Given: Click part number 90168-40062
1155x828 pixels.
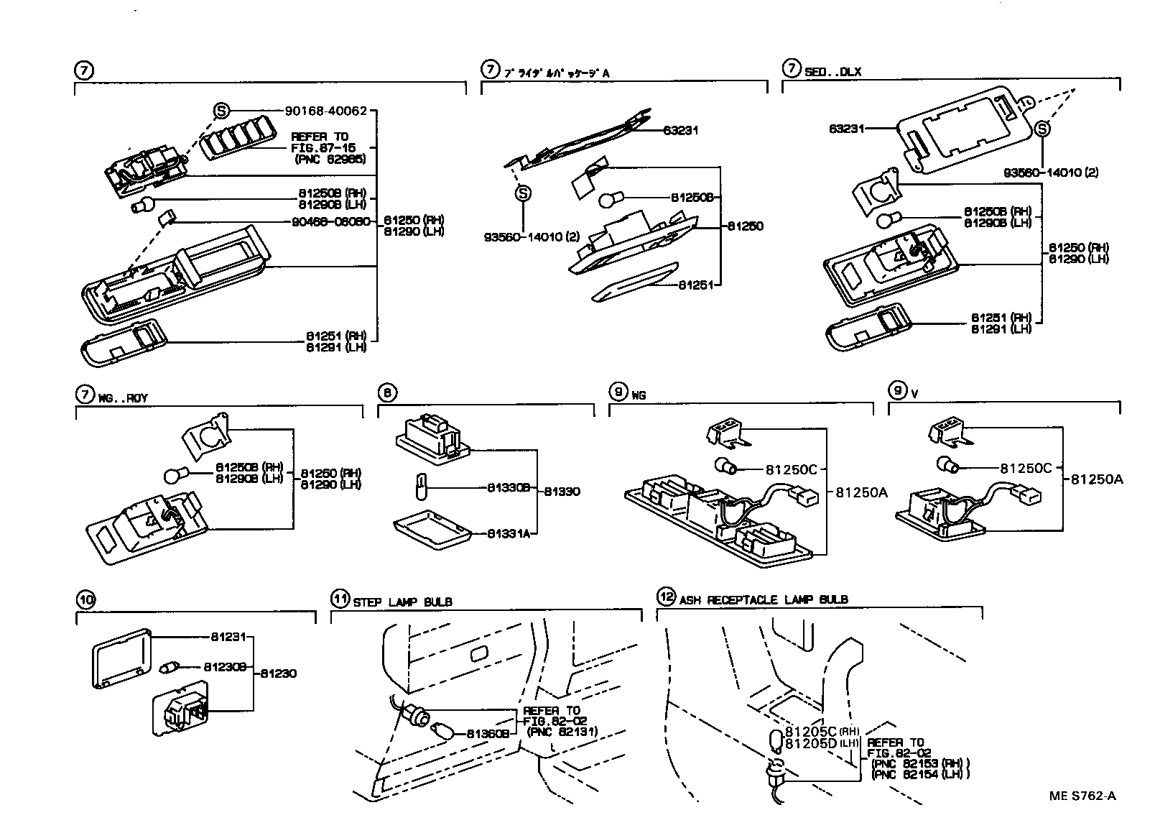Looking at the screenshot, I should [326, 111].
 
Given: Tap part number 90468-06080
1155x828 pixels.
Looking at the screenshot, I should [331, 221].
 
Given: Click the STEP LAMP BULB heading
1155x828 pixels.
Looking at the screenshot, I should [403, 602].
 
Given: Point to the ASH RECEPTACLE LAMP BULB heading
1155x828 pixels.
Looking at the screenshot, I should [763, 599].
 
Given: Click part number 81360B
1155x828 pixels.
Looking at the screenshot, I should [488, 734].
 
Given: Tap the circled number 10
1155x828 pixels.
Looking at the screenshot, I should [85, 599].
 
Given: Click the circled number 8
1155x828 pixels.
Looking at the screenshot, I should [386, 392].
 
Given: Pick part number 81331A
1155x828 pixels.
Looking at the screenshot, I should [509, 533].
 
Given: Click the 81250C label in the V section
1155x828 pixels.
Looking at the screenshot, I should [1026, 468].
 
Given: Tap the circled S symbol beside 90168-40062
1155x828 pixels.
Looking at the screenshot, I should [221, 111].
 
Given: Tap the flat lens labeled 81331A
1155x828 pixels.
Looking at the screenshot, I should [432, 530].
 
